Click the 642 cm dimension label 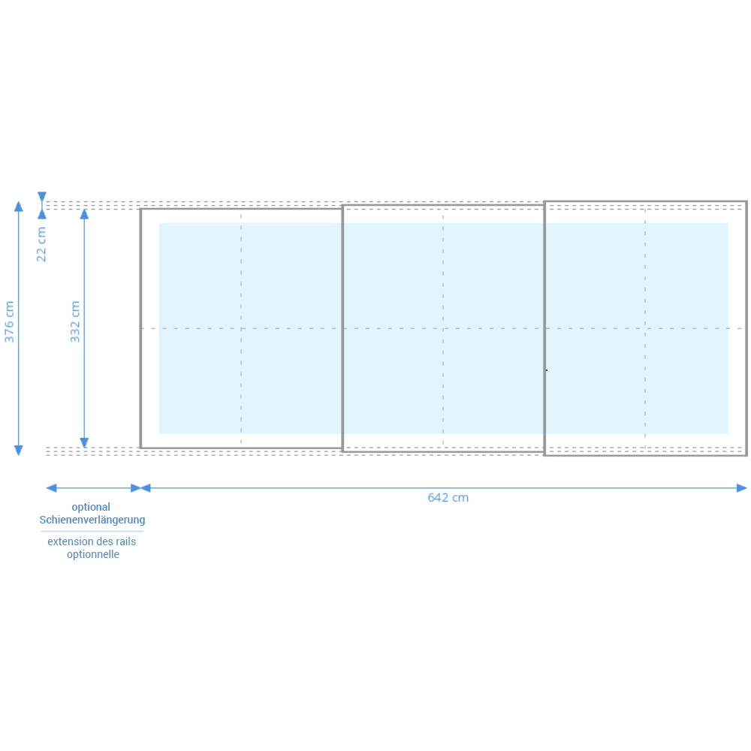[x=448, y=498]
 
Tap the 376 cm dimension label [x=9, y=321]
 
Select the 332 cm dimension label [x=74, y=321]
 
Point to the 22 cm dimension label [x=41, y=244]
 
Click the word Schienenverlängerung [x=92, y=520]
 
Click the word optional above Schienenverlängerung [x=91, y=507]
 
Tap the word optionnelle [x=93, y=554]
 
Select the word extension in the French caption [x=70, y=541]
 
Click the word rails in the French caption [x=125, y=541]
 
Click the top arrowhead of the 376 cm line [x=18, y=207]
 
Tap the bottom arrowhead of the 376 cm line [x=18, y=450]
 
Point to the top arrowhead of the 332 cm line [x=84, y=214]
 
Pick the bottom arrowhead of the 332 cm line [x=84, y=442]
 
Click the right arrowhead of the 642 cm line [x=742, y=488]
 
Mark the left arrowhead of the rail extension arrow [x=51, y=488]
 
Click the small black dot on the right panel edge [x=547, y=370]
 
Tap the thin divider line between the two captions [x=92, y=531]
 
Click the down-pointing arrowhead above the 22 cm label [x=42, y=197]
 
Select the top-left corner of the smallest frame [x=141, y=209]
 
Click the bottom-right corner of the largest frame [x=746, y=454]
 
